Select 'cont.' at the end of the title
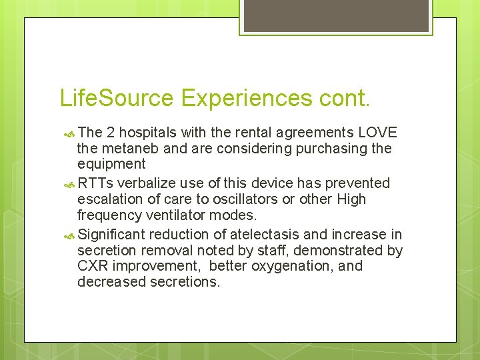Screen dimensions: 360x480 click(345, 99)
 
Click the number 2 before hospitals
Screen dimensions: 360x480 click(111, 132)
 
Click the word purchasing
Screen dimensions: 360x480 click(323, 148)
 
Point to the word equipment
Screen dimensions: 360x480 click(111, 164)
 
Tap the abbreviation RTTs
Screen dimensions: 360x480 click(95, 183)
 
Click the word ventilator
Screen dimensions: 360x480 click(184, 215)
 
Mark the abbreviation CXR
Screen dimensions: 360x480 click(92, 266)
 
